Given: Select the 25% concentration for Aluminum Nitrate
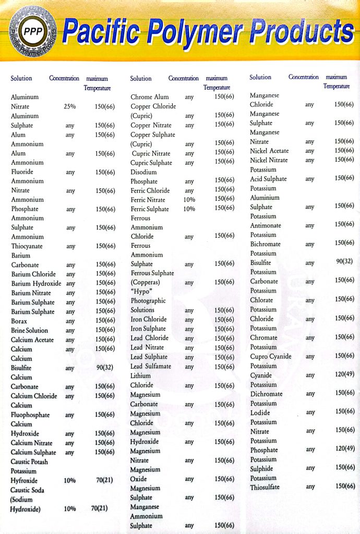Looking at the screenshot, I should [x=70, y=106].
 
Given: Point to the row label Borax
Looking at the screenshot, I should [x=20, y=321].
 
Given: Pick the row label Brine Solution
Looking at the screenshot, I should [x=29, y=330].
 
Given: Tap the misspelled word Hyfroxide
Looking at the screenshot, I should [x=26, y=480].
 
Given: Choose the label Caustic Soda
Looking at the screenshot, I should [x=27, y=490].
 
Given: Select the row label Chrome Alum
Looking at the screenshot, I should [x=150, y=97].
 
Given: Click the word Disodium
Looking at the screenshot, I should [x=143, y=172].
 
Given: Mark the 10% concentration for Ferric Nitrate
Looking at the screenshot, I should [x=189, y=200].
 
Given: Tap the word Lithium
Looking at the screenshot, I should [x=140, y=376].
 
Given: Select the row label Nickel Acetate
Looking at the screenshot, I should [x=269, y=151].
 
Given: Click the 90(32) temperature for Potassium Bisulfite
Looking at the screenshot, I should [x=344, y=262].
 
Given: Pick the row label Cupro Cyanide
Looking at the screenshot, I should [x=271, y=356].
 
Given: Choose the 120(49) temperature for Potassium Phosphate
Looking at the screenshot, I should [x=344, y=448].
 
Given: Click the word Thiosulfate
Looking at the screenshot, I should [x=265, y=487].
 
